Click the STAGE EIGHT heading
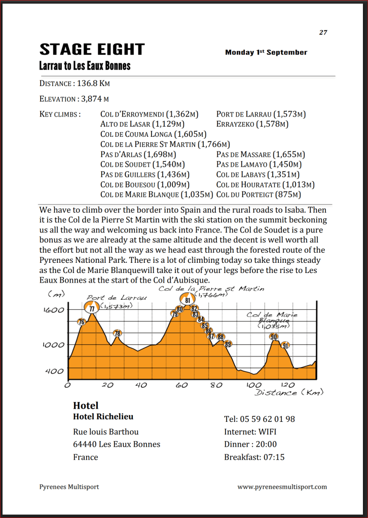click(92, 50)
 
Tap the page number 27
click(323, 32)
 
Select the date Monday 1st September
click(266, 52)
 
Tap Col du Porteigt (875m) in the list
click(259, 194)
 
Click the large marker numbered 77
click(91, 308)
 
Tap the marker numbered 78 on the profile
click(117, 334)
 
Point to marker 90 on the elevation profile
click(274, 337)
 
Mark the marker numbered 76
click(81, 322)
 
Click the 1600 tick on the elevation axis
click(53, 310)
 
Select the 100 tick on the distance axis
click(254, 385)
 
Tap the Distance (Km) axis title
click(288, 392)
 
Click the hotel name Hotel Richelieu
click(103, 417)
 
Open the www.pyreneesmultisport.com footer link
click(282, 487)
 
